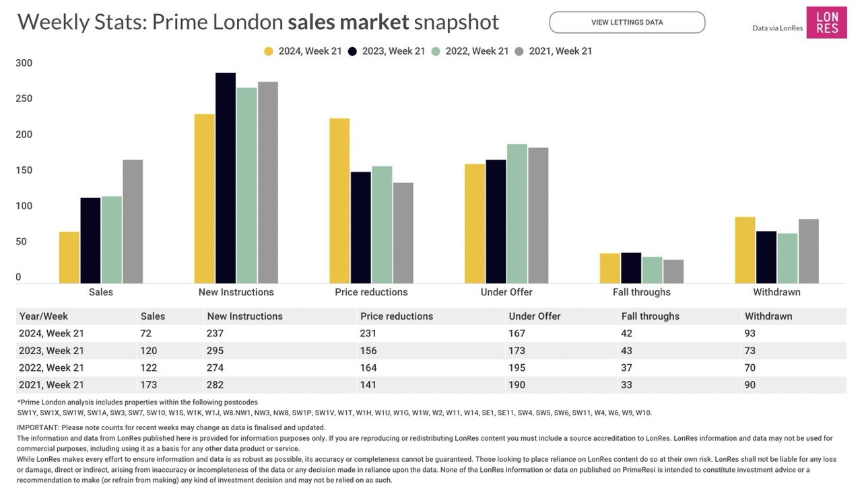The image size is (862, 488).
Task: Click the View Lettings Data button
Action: click(627, 22)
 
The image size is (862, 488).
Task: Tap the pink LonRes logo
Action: click(826, 22)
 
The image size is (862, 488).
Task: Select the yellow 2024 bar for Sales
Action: click(69, 258)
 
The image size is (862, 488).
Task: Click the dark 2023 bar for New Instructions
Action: click(226, 178)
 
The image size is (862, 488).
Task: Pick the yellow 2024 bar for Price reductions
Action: click(339, 201)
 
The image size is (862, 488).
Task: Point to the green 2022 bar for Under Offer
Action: click(517, 214)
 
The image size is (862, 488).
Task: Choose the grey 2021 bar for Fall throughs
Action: click(673, 271)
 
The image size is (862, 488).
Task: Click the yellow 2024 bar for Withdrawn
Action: click(745, 250)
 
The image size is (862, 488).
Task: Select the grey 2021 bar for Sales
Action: click(133, 221)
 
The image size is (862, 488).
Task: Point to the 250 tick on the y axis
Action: click(24, 99)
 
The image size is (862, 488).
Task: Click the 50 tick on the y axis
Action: click(22, 242)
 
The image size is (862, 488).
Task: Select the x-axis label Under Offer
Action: click(506, 292)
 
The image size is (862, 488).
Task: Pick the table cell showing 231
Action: click(368, 333)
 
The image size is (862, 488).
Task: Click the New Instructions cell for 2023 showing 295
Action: click(215, 351)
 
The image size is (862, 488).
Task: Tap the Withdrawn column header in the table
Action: click(768, 316)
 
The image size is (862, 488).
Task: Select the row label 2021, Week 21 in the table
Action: click(52, 385)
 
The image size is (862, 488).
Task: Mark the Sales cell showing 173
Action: click(149, 385)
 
